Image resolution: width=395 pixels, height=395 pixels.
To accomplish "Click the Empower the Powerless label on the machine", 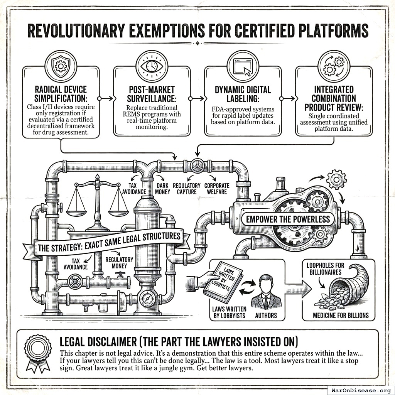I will pyautogui.click(x=288, y=219).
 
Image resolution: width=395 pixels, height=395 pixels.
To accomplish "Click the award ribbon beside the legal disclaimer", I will pyautogui.click(x=37, y=351).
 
